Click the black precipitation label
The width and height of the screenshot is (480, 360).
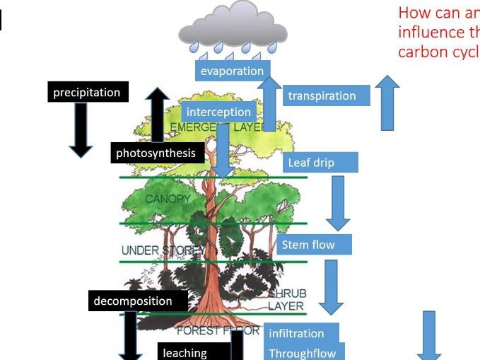click(87, 93)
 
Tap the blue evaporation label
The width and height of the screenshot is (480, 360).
click(232, 70)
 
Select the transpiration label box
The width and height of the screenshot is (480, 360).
click(326, 95)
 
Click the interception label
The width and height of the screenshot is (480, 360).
click(218, 112)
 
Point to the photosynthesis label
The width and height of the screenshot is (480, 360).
click(156, 153)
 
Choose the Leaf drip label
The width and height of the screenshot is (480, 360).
click(320, 163)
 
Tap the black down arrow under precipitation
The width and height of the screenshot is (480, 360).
click(81, 129)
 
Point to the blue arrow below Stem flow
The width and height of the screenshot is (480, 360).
click(331, 286)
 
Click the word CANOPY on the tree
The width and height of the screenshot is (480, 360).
click(168, 199)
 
